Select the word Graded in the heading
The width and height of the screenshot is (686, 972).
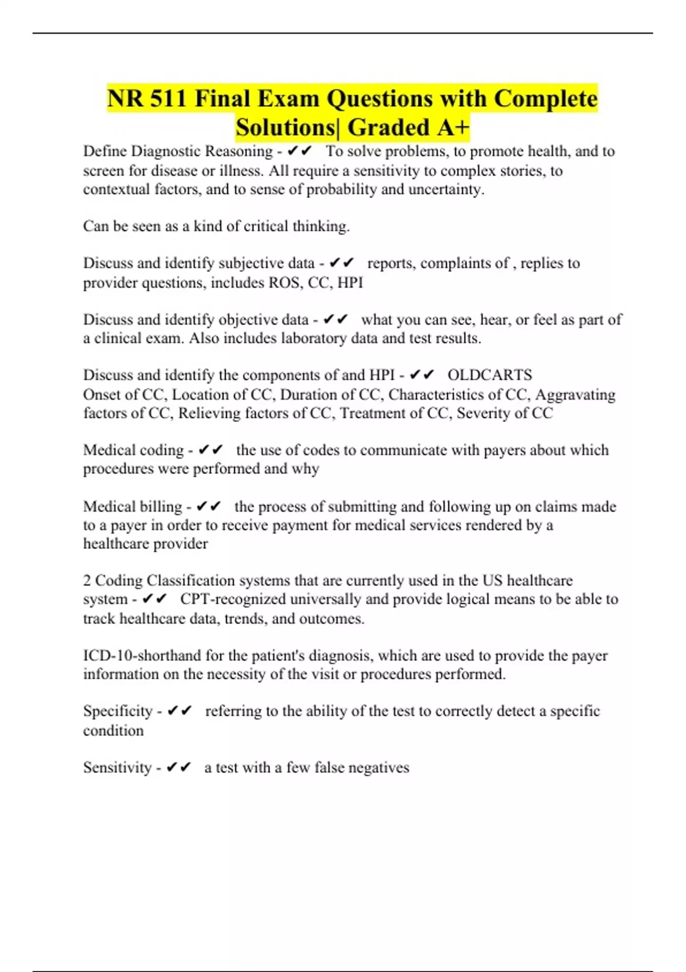[389, 128]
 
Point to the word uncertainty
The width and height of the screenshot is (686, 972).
[446, 190]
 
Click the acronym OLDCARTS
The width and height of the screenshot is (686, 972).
[489, 375]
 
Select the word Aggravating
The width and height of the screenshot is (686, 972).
[575, 395]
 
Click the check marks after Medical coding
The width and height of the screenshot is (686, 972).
[210, 451]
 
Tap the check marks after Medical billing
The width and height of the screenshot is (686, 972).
[208, 507]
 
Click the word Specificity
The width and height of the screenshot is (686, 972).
[118, 711]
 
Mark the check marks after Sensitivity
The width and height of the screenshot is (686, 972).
[178, 767]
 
